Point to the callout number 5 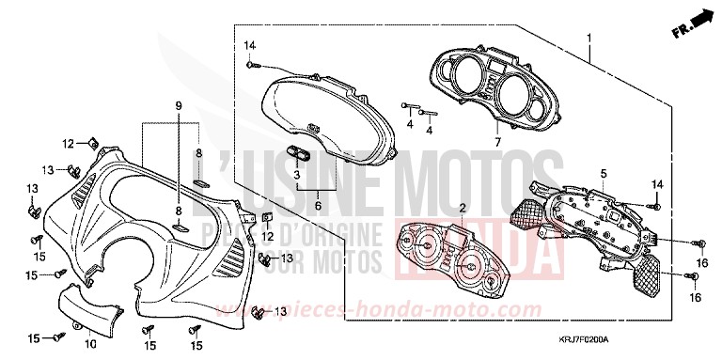(577, 173)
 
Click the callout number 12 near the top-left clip (69, 143)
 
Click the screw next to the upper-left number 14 (253, 65)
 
